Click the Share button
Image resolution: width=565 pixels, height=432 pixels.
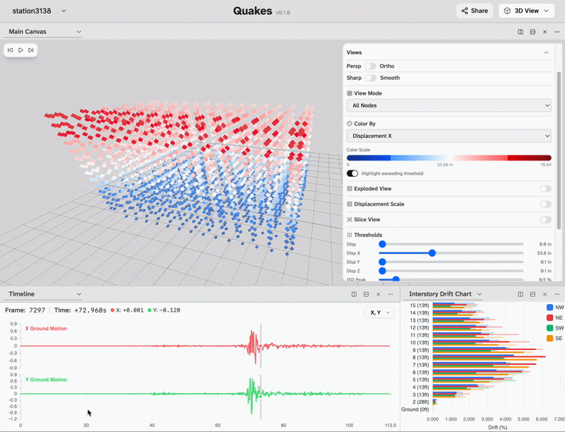[x=474, y=11]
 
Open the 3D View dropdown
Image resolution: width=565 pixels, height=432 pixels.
[x=526, y=11]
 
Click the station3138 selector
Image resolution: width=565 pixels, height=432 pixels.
[x=39, y=11]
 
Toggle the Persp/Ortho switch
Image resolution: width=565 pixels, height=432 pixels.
[x=370, y=66]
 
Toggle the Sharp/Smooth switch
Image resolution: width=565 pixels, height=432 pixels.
[x=370, y=78]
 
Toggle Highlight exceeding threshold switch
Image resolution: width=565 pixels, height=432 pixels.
[x=352, y=173]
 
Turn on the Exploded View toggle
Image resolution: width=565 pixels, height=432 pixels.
[x=545, y=189]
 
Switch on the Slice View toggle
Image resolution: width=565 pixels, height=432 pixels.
[x=545, y=220]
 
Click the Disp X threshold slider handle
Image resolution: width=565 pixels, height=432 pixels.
[x=432, y=252]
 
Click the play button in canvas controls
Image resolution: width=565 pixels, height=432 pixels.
[x=20, y=50]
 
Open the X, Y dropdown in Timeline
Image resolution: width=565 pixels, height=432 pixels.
[x=379, y=312]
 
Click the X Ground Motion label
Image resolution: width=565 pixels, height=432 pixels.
[x=46, y=329]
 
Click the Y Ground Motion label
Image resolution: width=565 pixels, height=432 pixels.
[x=46, y=380]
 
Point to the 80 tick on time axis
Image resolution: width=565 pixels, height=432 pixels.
[x=284, y=425]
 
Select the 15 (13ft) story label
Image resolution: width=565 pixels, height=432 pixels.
[x=419, y=305]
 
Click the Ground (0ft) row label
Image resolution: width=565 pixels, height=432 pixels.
[x=415, y=409]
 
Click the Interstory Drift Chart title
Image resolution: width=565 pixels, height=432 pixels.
[x=440, y=293]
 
